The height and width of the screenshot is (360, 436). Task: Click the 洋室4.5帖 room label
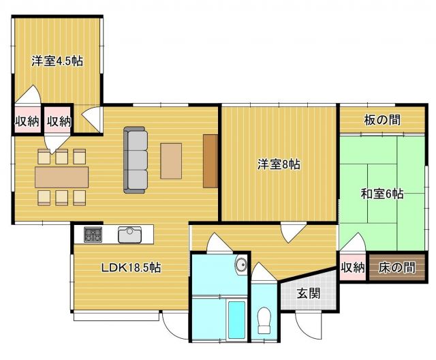click(57, 61)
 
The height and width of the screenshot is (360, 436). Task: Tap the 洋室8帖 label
click(279, 164)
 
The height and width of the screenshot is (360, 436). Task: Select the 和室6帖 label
click(382, 194)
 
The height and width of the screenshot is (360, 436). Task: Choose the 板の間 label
click(382, 121)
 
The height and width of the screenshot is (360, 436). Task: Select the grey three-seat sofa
click(136, 160)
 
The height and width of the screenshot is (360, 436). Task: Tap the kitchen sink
click(129, 235)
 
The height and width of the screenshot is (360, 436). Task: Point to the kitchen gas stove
click(93, 235)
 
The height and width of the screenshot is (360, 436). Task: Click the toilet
click(265, 318)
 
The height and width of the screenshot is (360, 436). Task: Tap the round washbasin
click(240, 265)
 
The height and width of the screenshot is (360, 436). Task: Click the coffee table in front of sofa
click(171, 161)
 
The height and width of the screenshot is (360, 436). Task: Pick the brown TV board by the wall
click(209, 161)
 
